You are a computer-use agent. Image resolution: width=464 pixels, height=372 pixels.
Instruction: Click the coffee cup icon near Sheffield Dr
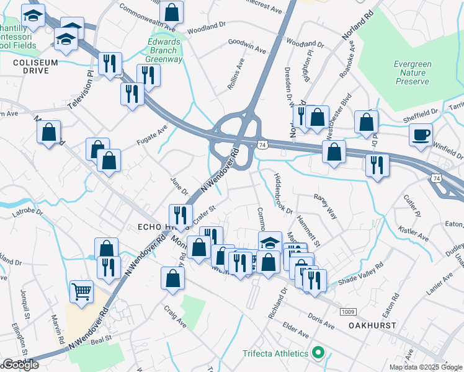pos(421,135)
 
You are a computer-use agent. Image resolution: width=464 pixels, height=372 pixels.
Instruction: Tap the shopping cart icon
pos(82,290)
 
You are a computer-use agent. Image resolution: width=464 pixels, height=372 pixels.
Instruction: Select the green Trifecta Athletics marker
pos(319,353)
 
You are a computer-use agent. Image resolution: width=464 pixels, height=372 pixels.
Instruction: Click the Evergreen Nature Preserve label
pos(411,73)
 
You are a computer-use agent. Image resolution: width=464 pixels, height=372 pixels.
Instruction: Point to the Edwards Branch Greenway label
pos(164,51)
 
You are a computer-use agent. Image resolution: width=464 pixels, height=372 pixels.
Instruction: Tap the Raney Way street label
pos(325,205)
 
